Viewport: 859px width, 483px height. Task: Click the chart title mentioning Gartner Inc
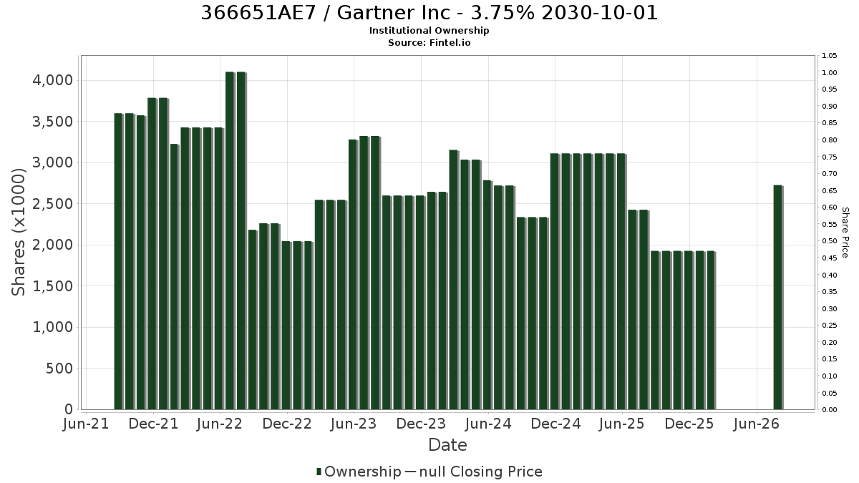point(429,13)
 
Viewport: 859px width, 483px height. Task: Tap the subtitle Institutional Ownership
point(429,31)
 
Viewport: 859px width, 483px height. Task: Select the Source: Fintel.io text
point(429,42)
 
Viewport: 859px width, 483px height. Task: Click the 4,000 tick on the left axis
point(52,80)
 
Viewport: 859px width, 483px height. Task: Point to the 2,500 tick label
point(52,203)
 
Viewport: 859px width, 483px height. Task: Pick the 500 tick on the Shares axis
point(59,369)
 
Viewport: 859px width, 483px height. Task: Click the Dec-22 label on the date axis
point(287,424)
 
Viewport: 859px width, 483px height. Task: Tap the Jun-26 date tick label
point(756,424)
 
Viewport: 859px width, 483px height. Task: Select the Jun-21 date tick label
point(86,424)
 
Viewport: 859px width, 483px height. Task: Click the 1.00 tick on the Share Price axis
point(830,72)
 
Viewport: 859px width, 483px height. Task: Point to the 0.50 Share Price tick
point(830,241)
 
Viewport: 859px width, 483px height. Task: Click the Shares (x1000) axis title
point(18,233)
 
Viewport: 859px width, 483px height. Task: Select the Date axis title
point(447,445)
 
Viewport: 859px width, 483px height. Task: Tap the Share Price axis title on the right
point(845,233)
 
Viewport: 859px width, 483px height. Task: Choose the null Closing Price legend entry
point(474,472)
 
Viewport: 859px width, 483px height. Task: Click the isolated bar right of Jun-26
point(778,298)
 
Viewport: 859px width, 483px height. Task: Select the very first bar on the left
point(119,261)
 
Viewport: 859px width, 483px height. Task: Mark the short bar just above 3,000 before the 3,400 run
point(175,277)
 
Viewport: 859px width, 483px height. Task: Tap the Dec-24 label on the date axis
point(555,424)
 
